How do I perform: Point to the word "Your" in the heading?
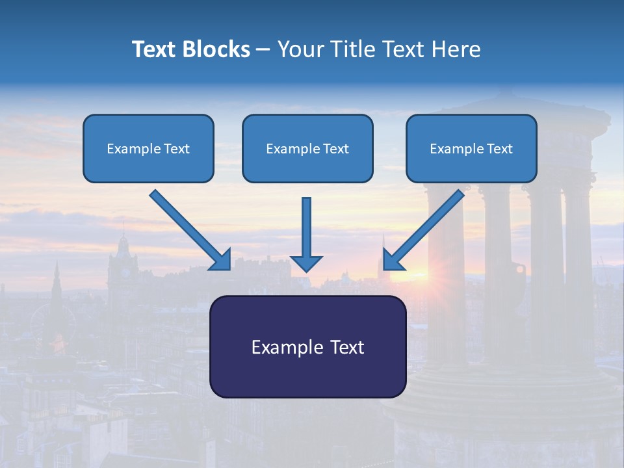click(300, 49)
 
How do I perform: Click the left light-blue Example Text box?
click(148, 148)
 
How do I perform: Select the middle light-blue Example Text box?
click(307, 148)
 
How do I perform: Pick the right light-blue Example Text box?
click(471, 148)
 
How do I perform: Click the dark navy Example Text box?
click(307, 346)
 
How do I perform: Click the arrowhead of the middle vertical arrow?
click(306, 263)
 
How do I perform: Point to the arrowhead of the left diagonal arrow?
click(221, 260)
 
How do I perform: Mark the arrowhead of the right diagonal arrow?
click(393, 260)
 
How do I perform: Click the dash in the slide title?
click(263, 49)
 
